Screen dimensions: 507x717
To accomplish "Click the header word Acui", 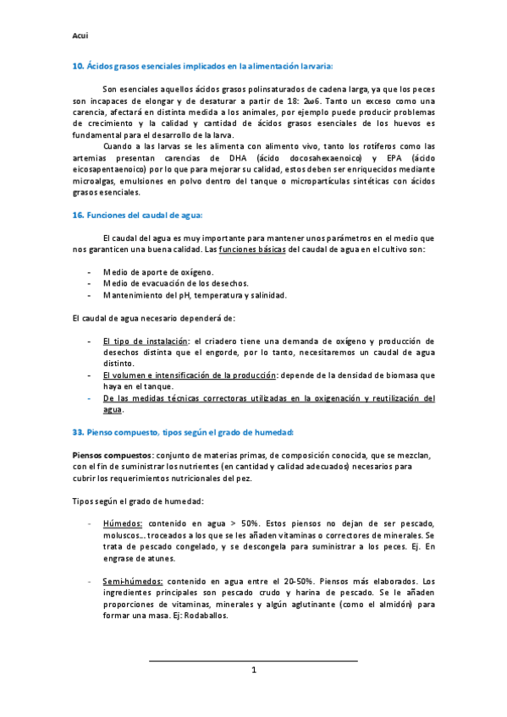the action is click(80, 36).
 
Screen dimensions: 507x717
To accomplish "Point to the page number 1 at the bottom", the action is click(253, 670).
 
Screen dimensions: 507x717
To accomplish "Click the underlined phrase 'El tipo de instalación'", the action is click(142, 341).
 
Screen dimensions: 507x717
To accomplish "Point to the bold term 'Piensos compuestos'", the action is click(106, 455).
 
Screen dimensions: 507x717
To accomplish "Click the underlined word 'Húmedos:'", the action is click(122, 524).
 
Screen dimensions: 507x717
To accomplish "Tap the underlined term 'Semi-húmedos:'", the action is click(133, 582).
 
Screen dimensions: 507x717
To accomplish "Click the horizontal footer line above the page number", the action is click(253, 660).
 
